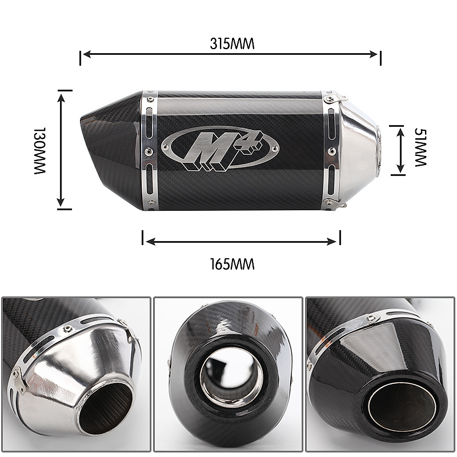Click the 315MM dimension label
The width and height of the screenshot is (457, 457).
click(x=232, y=44)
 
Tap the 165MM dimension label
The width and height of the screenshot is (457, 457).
click(x=232, y=264)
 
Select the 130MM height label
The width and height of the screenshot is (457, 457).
click(x=40, y=150)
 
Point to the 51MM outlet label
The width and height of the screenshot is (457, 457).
click(x=420, y=147)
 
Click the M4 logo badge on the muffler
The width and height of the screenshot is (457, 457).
click(x=220, y=149)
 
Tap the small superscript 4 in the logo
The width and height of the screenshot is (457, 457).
click(x=252, y=142)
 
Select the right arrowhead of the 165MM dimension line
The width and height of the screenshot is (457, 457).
click(x=332, y=241)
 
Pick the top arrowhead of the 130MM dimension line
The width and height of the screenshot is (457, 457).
click(x=61, y=98)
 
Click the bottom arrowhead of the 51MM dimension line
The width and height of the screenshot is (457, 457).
click(x=400, y=169)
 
